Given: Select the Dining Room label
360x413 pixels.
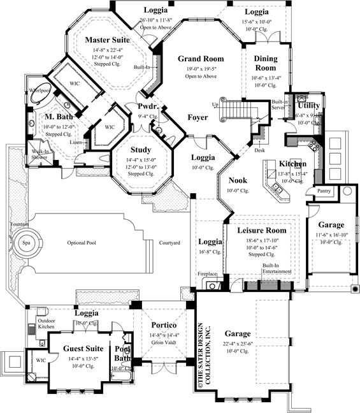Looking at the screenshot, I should pyautogui.click(x=266, y=63).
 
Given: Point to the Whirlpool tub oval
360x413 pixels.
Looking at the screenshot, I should pyautogui.click(x=38, y=93).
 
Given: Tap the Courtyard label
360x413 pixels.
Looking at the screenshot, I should pyautogui.click(x=169, y=243).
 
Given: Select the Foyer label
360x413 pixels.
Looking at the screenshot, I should pyautogui.click(x=197, y=117).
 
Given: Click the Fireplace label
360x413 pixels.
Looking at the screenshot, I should pyautogui.click(x=207, y=273).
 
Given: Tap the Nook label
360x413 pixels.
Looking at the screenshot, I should pyautogui.click(x=238, y=180).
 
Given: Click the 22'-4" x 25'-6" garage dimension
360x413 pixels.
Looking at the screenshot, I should pyautogui.click(x=236, y=344).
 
